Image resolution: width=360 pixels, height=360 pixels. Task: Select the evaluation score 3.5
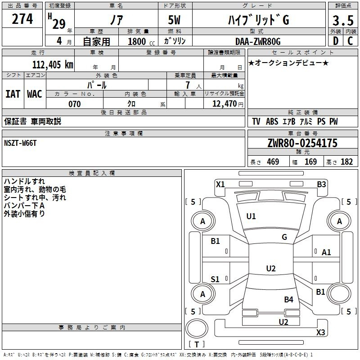(342, 21)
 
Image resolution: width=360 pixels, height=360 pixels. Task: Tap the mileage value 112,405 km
(53, 64)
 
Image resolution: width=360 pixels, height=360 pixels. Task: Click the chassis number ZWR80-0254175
(302, 143)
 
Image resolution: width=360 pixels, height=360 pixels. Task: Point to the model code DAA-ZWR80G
(258, 41)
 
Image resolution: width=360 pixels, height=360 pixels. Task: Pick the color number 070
(74, 104)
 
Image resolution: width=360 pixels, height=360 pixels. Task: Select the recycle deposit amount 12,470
(224, 104)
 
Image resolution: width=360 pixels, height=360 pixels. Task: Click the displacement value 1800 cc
(139, 41)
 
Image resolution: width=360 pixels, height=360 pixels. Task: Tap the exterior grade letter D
(335, 41)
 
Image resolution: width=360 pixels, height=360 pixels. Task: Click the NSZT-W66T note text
(20, 143)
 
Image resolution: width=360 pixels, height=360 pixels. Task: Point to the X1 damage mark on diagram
(220, 184)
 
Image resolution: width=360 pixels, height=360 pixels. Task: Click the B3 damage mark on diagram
(321, 184)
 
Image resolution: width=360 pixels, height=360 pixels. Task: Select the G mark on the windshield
(284, 237)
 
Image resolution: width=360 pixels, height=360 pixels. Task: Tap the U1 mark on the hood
(251, 216)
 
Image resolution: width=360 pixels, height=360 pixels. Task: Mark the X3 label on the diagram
(320, 333)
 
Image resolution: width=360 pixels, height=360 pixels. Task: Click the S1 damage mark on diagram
(215, 279)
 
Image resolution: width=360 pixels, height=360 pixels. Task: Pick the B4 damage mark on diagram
(288, 299)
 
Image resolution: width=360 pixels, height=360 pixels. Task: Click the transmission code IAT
(13, 94)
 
